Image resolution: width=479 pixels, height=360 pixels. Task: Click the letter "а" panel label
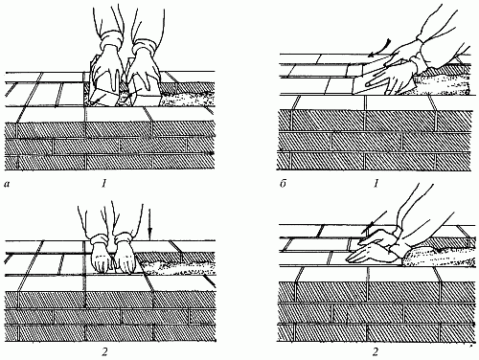pyautogui.click(x=7, y=184)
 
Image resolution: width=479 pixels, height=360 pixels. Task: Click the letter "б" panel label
pyautogui.click(x=283, y=184)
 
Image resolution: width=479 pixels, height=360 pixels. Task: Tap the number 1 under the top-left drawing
pyautogui.click(x=103, y=184)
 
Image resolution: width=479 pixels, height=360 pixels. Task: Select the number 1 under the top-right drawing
pyautogui.click(x=376, y=184)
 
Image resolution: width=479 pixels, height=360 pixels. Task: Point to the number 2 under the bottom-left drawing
pyautogui.click(x=104, y=352)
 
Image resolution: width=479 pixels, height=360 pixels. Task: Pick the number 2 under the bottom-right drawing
pyautogui.click(x=376, y=352)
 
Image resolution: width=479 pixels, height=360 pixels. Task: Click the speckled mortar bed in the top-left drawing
pyautogui.click(x=185, y=99)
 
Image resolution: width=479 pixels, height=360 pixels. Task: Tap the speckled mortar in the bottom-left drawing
pyautogui.click(x=175, y=267)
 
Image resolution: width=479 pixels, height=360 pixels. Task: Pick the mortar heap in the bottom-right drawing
pyautogui.click(x=438, y=256)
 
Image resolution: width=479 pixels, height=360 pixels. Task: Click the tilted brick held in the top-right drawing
pyautogui.click(x=372, y=76)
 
